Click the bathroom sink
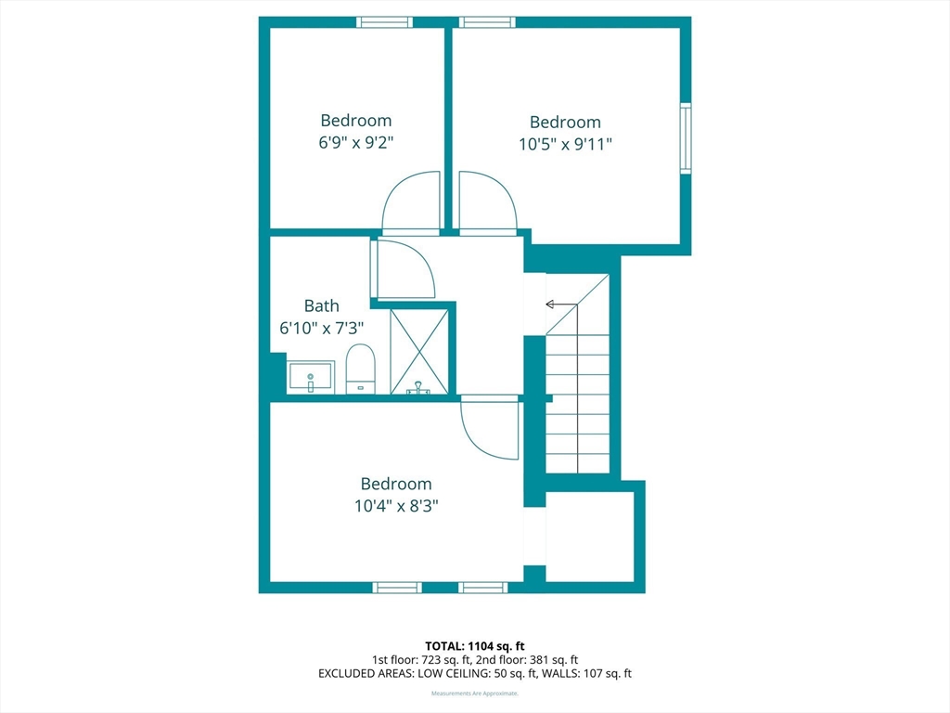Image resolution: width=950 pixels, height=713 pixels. [310, 377]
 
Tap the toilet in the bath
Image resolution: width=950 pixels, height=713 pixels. [361, 369]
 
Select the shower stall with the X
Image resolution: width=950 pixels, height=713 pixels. [418, 352]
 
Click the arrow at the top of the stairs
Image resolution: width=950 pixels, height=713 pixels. [561, 304]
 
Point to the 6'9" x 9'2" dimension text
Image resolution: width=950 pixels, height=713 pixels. [356, 142]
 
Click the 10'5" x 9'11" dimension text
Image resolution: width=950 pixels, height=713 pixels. [565, 144]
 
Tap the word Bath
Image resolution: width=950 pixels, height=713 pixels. [321, 305]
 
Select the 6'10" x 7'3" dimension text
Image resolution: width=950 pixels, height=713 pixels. [321, 328]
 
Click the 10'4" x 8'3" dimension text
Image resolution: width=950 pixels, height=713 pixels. [396, 506]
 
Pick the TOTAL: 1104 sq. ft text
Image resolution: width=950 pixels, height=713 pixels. [474, 646]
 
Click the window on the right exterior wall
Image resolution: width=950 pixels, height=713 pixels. [686, 138]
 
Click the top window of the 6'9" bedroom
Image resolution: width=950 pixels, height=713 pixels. [384, 22]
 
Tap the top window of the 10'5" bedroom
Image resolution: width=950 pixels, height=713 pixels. [487, 22]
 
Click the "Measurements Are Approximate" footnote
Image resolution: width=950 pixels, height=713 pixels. [475, 693]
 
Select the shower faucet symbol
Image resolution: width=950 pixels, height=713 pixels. [418, 387]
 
